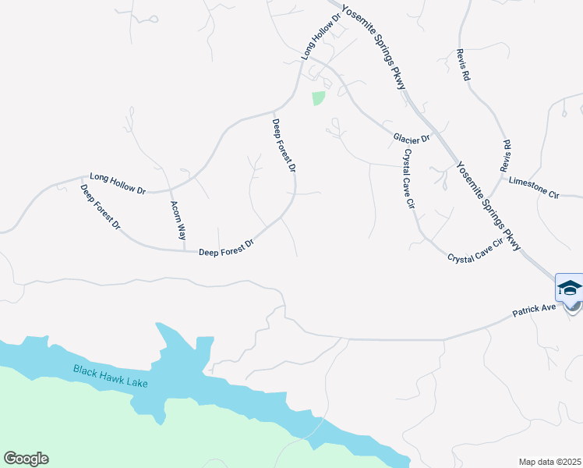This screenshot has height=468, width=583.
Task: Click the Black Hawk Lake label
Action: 110,376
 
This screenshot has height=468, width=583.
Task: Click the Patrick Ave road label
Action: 533,310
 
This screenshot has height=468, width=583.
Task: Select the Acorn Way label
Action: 178,220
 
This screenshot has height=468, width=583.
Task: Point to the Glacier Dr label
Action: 412,139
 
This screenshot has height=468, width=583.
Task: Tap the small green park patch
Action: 318,98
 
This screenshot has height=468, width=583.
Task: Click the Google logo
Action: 26,459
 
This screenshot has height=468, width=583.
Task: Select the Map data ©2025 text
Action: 549,461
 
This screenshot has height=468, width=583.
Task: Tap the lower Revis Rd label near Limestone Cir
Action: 506,156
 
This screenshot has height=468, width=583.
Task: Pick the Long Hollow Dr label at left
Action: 118,183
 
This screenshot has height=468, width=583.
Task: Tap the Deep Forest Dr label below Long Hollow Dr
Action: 101,207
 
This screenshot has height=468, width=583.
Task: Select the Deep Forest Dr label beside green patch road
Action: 284,146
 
